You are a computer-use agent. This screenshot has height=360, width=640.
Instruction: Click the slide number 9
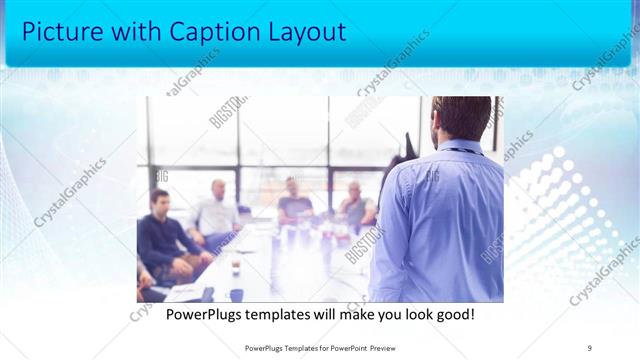coord(590,347)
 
